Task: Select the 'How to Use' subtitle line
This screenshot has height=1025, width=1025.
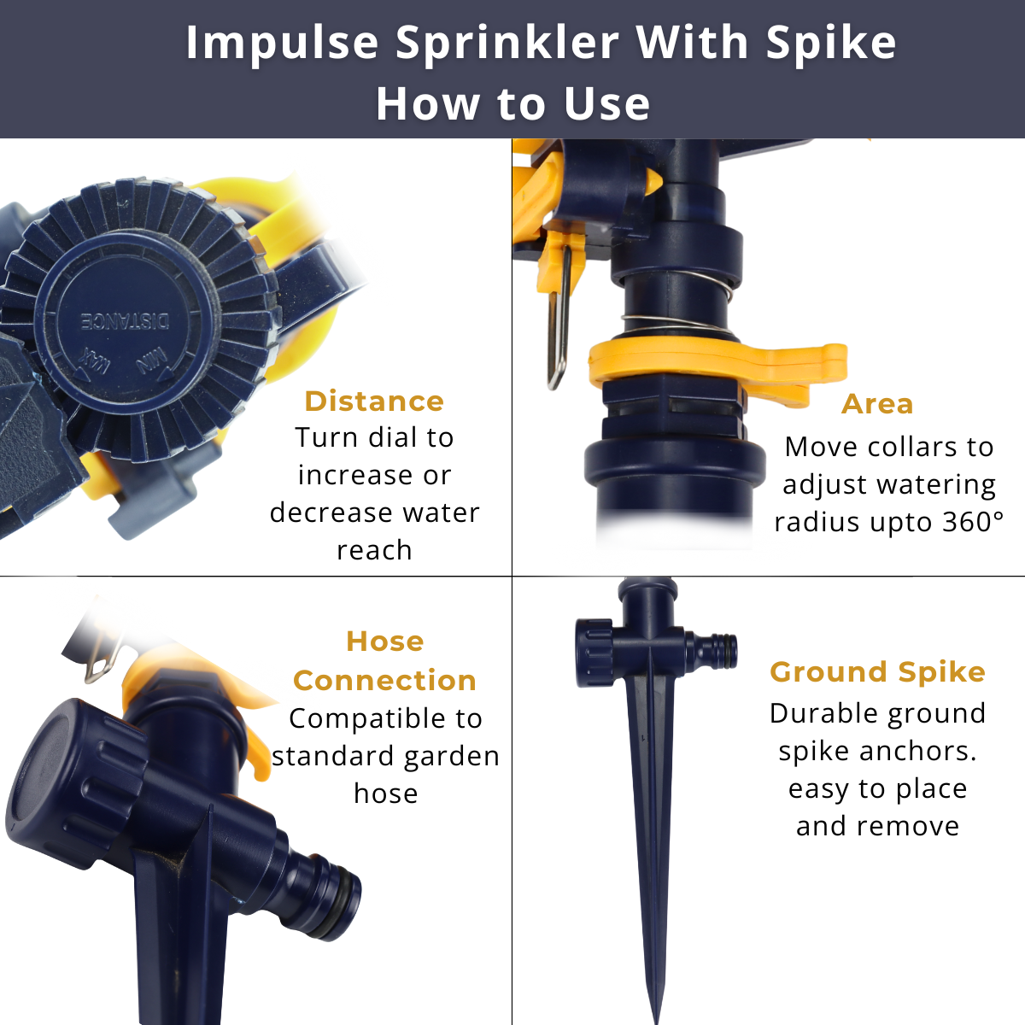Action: click(512, 103)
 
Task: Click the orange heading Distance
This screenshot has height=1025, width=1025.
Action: click(374, 401)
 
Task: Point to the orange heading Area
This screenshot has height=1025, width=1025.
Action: click(877, 404)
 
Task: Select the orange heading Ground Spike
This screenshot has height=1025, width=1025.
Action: click(877, 673)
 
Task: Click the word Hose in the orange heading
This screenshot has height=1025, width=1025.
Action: click(385, 641)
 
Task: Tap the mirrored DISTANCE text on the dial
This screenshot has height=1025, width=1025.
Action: click(126, 321)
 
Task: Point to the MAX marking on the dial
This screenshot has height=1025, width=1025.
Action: click(94, 364)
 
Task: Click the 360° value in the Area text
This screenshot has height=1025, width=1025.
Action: click(972, 522)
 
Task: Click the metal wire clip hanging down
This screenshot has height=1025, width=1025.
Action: click(559, 319)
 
